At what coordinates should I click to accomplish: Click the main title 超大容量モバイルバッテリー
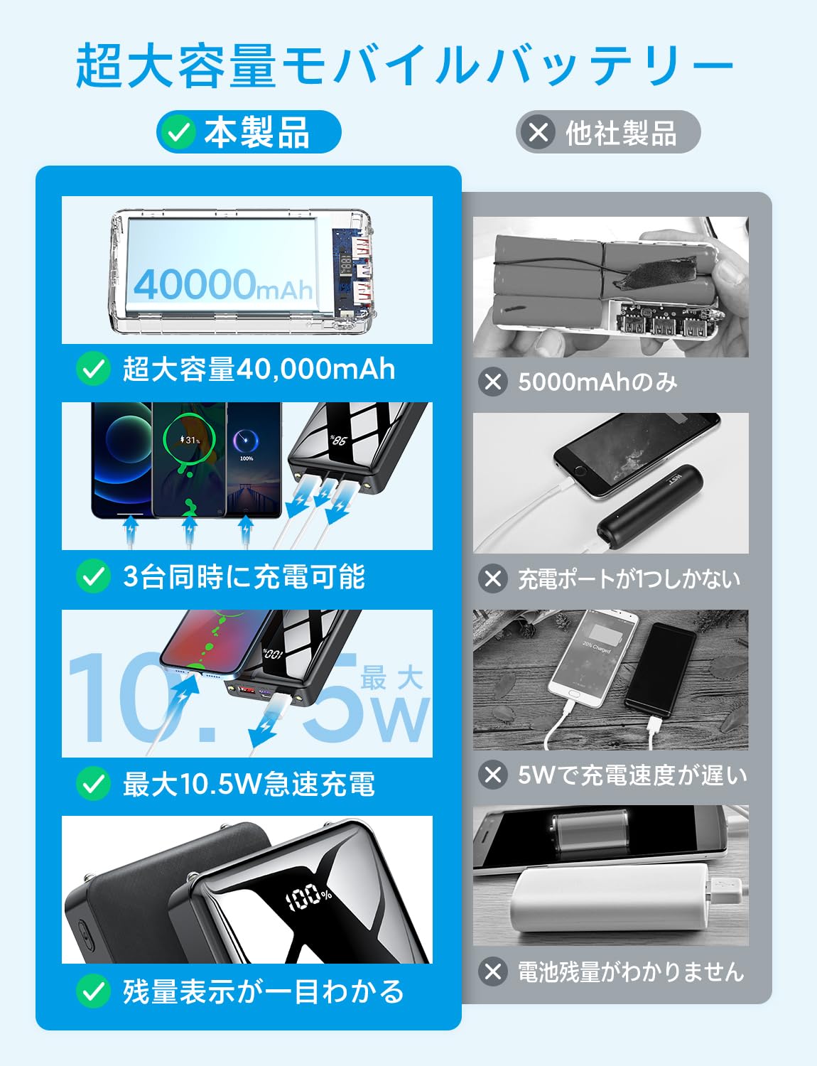pos(405,65)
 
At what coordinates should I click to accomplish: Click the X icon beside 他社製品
pos(539,132)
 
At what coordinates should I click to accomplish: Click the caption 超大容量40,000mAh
pos(259,370)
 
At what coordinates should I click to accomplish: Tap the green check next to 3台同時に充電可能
pos(93,576)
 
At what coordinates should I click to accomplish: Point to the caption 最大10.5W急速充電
pos(249,785)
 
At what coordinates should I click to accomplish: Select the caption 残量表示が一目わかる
pos(263,991)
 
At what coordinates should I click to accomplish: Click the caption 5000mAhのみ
pos(597,382)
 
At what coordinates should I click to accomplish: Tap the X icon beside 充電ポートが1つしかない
pos(493,578)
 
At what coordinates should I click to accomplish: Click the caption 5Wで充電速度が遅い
pos(632,775)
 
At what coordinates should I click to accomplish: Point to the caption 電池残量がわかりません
pos(630,971)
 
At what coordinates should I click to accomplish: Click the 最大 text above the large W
pos(391,679)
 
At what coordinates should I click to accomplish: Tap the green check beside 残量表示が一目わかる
pos(93,991)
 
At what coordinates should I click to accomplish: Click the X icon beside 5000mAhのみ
pos(493,382)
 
